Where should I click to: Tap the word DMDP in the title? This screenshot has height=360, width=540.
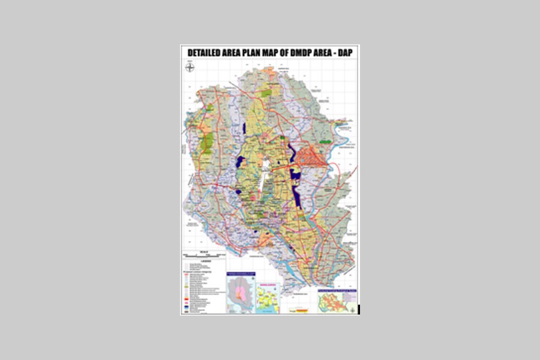(296, 53)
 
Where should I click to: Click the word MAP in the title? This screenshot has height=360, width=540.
(273, 53)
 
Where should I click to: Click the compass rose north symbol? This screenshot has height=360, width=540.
(190, 68)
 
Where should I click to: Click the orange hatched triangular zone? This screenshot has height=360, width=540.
(311, 156)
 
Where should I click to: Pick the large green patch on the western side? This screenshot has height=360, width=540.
(208, 143)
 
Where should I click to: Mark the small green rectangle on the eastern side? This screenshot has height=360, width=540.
(325, 142)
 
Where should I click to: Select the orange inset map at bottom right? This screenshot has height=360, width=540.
(336, 300)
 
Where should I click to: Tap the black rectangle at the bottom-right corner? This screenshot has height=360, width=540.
(358, 309)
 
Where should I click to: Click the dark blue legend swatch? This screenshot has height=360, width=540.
(187, 307)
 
